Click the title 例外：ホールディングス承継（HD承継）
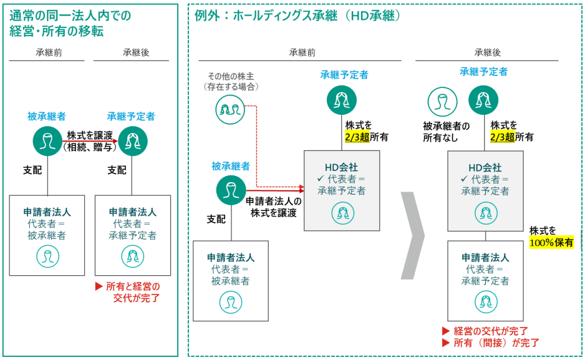point(297,15)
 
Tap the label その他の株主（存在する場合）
point(231,81)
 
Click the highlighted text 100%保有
point(551,242)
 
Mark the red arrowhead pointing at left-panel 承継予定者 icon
point(115,140)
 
